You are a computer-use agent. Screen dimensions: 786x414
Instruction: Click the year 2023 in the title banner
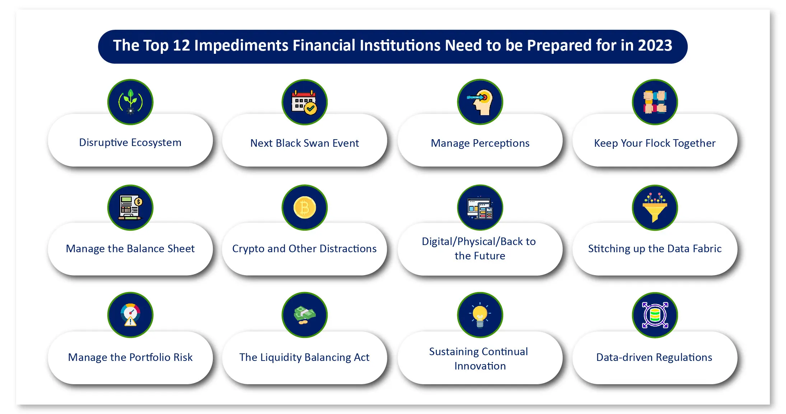coord(655,46)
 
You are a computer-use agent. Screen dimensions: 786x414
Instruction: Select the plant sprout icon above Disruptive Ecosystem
coord(130,102)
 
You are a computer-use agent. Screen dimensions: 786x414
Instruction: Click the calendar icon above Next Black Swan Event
coord(304,102)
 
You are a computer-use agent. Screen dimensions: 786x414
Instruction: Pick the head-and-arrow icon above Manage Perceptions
coord(480,102)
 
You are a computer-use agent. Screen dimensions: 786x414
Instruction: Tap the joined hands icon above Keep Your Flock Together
coord(655,102)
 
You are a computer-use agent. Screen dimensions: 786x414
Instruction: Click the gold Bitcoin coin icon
coord(305,208)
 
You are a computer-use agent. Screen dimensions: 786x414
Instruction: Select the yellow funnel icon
coord(655,208)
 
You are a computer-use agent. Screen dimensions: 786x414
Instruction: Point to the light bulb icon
coord(480,315)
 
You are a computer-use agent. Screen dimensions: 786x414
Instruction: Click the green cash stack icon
coord(304,315)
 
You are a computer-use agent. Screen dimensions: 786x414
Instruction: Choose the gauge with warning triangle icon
coord(130,315)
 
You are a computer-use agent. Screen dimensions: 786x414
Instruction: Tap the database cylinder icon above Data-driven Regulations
coord(655,315)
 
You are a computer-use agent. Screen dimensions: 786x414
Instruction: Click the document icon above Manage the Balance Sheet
coord(130,208)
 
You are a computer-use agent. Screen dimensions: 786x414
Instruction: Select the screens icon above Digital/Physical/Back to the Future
coord(480,208)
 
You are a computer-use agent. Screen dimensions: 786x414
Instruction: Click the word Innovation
coord(480,366)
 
